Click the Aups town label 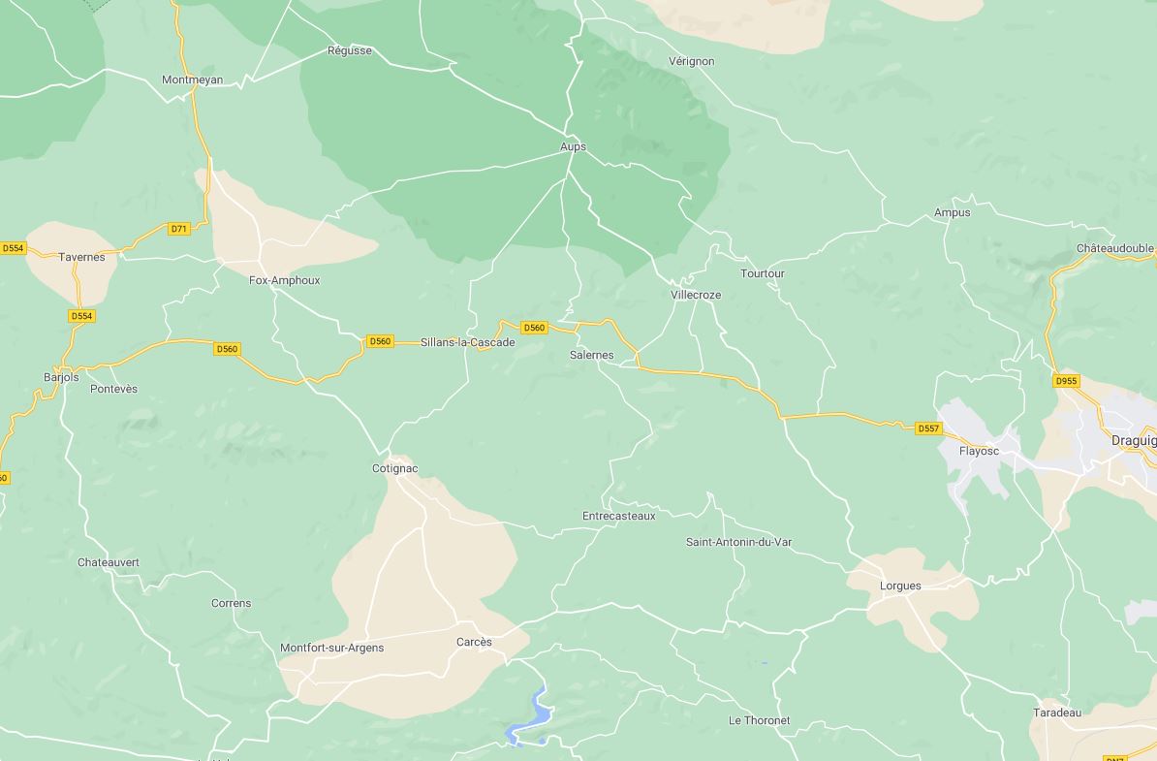573,147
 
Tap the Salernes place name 591,356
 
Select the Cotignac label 394,469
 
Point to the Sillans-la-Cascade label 467,342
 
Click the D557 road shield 927,428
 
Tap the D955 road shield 1066,381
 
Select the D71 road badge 178,229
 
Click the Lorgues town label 900,587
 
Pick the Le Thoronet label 759,721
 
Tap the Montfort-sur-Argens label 331,649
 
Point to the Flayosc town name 978,452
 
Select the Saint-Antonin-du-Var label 738,543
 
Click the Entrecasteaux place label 618,517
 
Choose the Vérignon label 691,61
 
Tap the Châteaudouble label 1114,249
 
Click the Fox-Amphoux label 284,281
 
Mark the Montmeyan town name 192,80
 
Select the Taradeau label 1056,713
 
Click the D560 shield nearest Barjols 227,349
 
